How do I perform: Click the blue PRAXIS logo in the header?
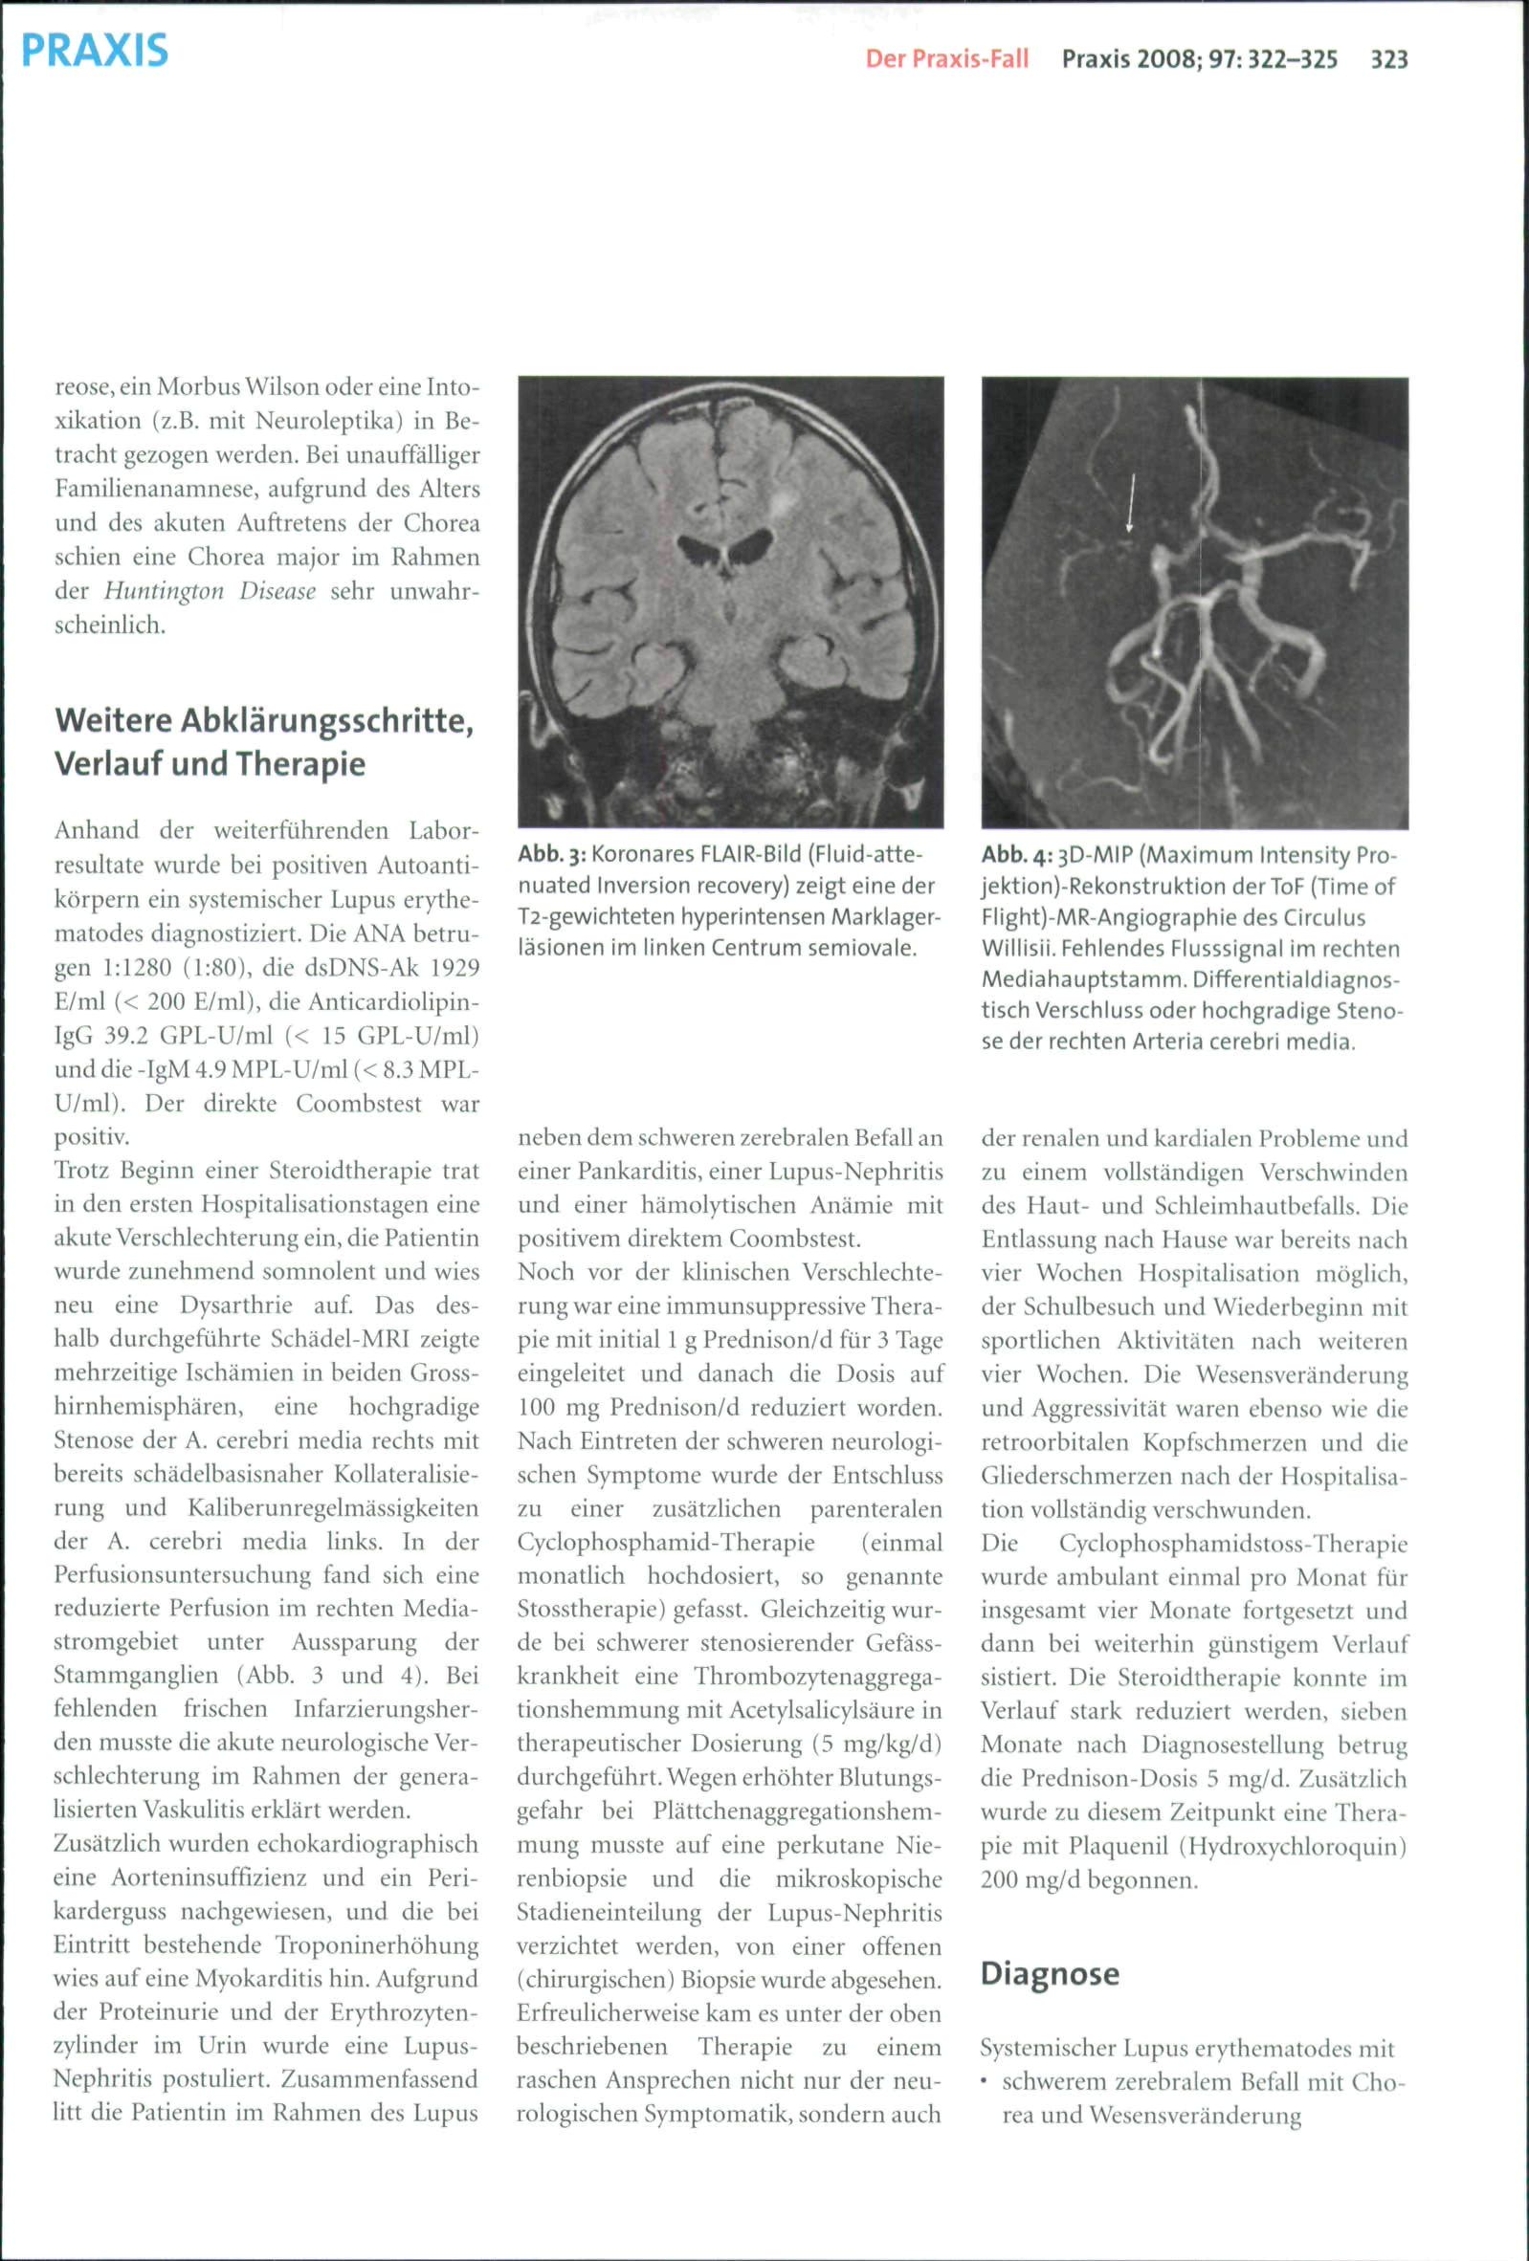tap(95, 51)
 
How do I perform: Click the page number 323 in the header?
tap(1389, 60)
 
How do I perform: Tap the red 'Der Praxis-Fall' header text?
tap(946, 60)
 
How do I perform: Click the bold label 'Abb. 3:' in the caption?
tap(550, 855)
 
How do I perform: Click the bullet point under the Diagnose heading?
tap(986, 2083)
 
